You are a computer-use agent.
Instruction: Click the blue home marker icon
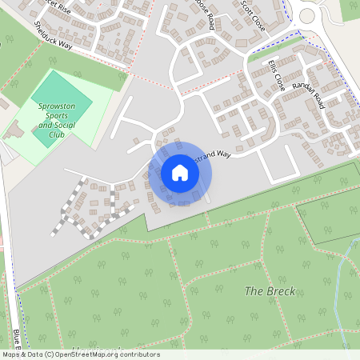coord(180,173)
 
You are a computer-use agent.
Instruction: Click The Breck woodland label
coord(270,291)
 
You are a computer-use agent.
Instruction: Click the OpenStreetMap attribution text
coord(80,354)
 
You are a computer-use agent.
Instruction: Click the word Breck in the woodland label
coord(281,291)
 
